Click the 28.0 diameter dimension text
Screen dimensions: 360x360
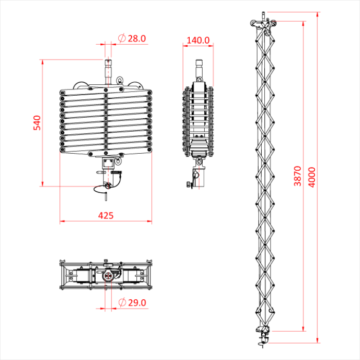(137, 38)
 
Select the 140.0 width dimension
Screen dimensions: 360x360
(198, 40)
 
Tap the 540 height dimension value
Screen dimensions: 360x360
(37, 123)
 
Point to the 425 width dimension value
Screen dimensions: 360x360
(105, 215)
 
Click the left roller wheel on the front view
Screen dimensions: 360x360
(80, 86)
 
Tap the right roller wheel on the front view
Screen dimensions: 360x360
(137, 86)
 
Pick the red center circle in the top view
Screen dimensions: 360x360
(108, 276)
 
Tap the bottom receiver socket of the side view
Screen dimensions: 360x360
(199, 177)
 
